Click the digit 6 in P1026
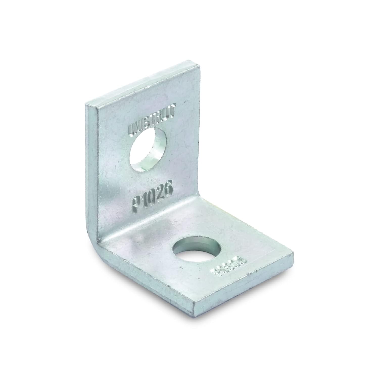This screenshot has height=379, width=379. (167, 189)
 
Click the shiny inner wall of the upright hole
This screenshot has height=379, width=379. (157, 154)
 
